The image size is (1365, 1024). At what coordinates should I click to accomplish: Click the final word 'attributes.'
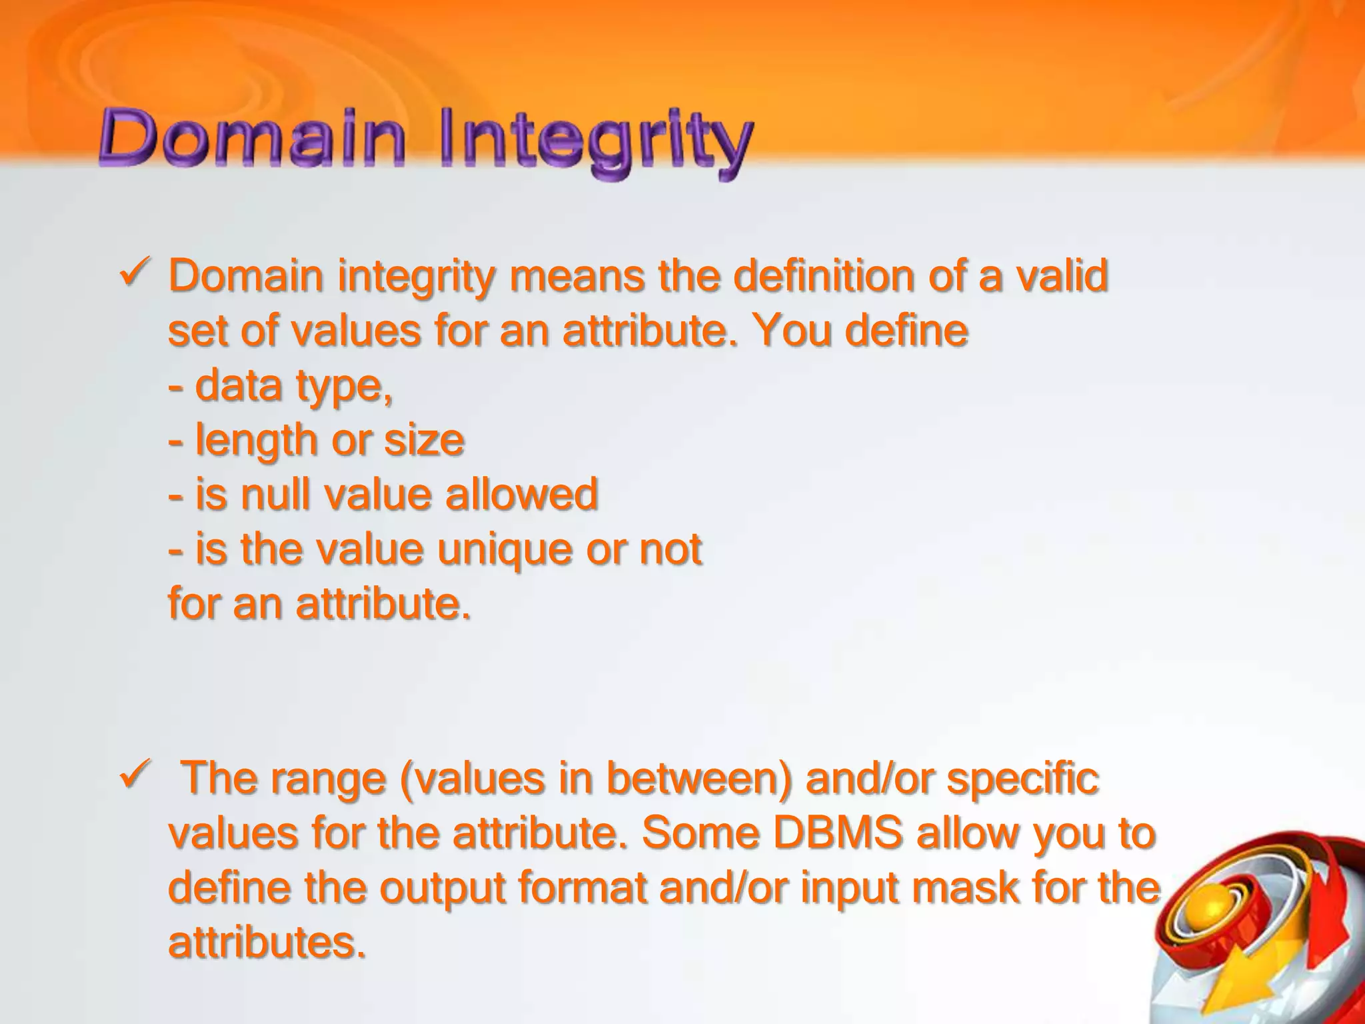267,943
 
